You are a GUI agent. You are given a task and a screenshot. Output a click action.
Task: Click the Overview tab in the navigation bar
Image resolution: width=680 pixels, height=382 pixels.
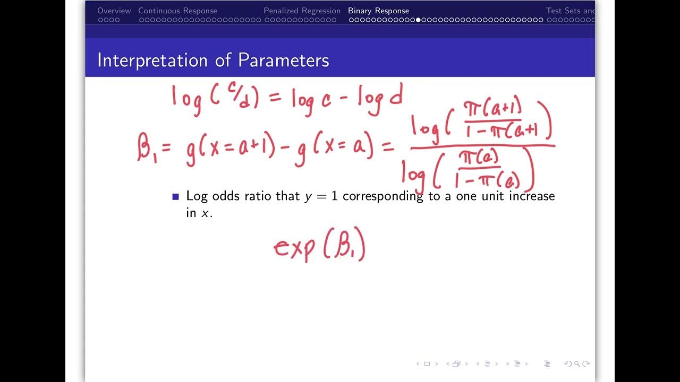coord(114,11)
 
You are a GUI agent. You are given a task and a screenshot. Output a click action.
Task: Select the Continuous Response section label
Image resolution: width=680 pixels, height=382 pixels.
coord(177,11)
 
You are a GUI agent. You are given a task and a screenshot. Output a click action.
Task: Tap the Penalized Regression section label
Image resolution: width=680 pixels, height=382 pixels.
coord(302,11)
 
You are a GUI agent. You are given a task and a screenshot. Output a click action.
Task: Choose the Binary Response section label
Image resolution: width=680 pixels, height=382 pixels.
coord(378,11)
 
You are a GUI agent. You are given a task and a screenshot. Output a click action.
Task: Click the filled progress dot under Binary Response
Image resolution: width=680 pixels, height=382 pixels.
coord(418,20)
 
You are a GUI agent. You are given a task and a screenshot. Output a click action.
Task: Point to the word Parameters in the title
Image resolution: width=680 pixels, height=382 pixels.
coord(283,60)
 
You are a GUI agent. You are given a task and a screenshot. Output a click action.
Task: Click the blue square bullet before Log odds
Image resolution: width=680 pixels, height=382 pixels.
coord(176,197)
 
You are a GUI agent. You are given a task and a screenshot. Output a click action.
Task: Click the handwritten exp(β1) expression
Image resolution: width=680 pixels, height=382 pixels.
coord(319,248)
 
